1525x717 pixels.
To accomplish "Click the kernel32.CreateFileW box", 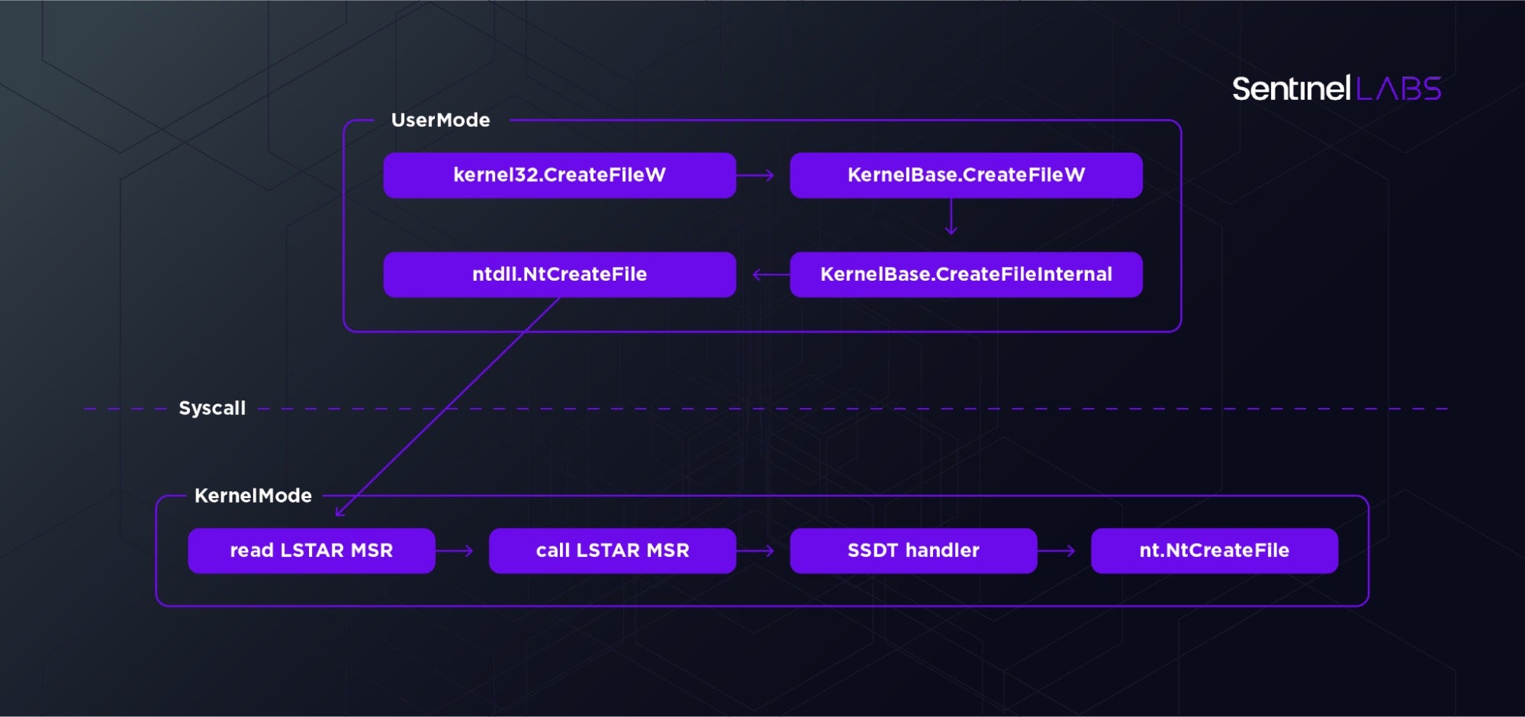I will coord(559,175).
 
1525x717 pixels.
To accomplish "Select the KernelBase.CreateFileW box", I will coord(966,175).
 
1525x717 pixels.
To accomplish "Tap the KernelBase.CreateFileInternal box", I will coord(966,275).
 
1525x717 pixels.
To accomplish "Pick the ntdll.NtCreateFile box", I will coord(559,275).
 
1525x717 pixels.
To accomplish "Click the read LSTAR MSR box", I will coord(311,551).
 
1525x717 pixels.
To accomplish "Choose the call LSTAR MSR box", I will coord(612,551).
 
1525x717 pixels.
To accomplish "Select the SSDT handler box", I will coord(913,551).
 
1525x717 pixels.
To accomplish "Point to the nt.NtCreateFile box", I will coord(1214,551).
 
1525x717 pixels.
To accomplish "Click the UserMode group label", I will coord(440,121).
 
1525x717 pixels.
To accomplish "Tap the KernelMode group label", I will coord(253,496).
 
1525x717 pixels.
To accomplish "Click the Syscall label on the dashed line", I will coord(212,409).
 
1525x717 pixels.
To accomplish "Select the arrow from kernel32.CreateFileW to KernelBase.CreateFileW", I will coord(755,175).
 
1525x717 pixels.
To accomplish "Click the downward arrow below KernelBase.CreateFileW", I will coord(951,217).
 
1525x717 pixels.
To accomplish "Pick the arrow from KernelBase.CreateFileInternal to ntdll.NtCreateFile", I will coord(771,275).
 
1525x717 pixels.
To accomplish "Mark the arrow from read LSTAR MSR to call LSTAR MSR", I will coord(455,551).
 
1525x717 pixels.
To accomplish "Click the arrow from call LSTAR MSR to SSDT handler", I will coord(755,551).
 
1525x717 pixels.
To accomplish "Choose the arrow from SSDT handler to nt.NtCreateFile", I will coord(1057,551).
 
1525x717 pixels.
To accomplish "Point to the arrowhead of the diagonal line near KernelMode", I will coord(339,513).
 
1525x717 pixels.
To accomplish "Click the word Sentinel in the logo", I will coord(1292,89).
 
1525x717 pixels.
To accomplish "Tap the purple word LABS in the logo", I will coord(1398,89).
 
